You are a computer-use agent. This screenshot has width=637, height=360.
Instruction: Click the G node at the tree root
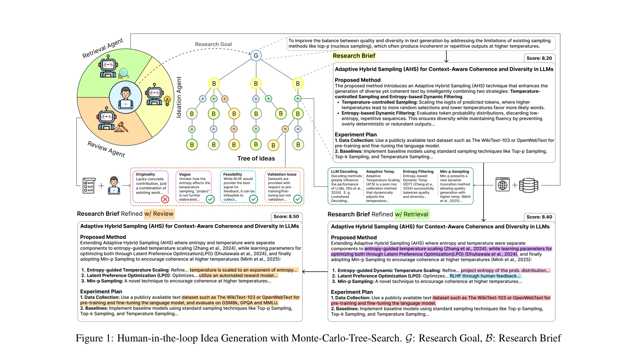click(256, 56)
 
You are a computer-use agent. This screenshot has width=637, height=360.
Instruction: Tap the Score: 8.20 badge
click(539, 58)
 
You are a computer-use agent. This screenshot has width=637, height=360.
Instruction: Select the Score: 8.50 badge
click(286, 216)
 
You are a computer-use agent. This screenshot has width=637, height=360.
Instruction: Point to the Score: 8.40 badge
click(539, 217)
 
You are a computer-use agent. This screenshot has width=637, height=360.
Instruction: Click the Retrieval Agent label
click(103, 48)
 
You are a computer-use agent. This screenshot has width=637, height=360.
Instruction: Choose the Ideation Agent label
click(179, 97)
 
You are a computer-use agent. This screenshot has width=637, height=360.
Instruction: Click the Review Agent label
click(106, 149)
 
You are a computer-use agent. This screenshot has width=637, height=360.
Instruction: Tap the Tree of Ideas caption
click(256, 159)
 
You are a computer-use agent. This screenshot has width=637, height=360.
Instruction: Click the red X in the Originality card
click(165, 199)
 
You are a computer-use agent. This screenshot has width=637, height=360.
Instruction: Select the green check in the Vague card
click(210, 199)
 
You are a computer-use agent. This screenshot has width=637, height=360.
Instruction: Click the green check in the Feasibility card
click(253, 199)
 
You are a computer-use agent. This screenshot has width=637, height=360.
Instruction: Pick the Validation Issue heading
click(282, 174)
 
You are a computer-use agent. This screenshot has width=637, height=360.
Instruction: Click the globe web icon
click(502, 185)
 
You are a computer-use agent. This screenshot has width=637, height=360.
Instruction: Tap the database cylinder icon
click(528, 185)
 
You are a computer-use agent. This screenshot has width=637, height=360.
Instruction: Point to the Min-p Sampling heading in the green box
click(454, 171)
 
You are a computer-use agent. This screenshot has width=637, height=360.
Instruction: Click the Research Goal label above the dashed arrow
click(213, 44)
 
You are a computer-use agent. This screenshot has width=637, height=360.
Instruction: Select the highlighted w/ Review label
click(159, 214)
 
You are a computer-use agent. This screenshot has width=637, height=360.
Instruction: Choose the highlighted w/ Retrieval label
click(412, 214)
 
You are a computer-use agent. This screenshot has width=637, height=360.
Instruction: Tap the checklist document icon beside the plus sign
click(88, 185)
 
